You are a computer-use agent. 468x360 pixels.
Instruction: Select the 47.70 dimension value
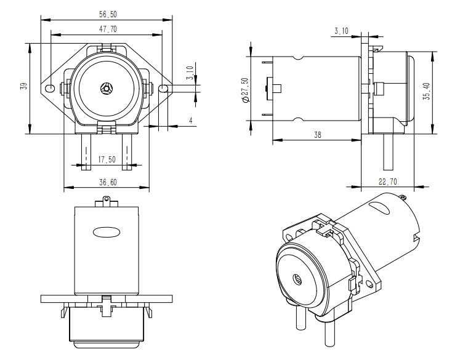point(107,30)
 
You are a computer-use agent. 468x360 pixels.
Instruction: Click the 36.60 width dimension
point(107,182)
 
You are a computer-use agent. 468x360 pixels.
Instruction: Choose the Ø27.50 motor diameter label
point(245,90)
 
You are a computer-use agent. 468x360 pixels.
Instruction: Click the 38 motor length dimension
point(317,135)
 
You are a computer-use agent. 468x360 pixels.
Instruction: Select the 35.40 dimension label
point(426,92)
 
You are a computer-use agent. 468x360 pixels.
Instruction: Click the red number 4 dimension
point(191,121)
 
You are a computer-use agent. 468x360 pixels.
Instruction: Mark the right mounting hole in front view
point(164,89)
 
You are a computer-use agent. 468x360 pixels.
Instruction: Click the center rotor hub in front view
point(107,89)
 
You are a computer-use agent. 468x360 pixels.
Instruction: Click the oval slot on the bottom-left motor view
point(107,231)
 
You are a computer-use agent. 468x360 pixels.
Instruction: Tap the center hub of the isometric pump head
point(297,279)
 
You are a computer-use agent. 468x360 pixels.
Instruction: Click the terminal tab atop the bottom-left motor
point(107,200)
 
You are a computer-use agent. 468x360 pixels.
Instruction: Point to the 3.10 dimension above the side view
point(341,30)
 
